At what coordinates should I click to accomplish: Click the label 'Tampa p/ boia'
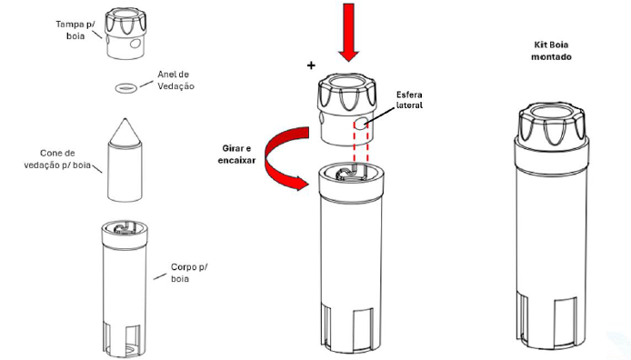click(x=75, y=30)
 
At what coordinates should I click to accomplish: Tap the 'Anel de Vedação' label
click(x=175, y=80)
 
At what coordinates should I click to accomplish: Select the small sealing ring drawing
click(x=126, y=87)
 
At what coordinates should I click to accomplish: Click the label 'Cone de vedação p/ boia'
click(x=57, y=159)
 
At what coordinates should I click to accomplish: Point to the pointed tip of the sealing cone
click(x=125, y=119)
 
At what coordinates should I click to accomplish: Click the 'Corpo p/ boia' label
click(x=189, y=273)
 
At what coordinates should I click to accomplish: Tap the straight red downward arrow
click(x=348, y=32)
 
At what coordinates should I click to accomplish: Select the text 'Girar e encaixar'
click(x=236, y=155)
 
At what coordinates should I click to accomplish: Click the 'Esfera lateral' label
click(x=409, y=100)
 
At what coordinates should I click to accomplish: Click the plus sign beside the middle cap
click(x=311, y=65)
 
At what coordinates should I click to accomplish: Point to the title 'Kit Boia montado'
click(x=551, y=51)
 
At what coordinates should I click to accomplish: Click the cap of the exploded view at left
click(x=125, y=35)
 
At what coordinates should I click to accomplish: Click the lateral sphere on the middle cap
click(x=361, y=124)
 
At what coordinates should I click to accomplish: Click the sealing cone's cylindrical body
click(x=125, y=172)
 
